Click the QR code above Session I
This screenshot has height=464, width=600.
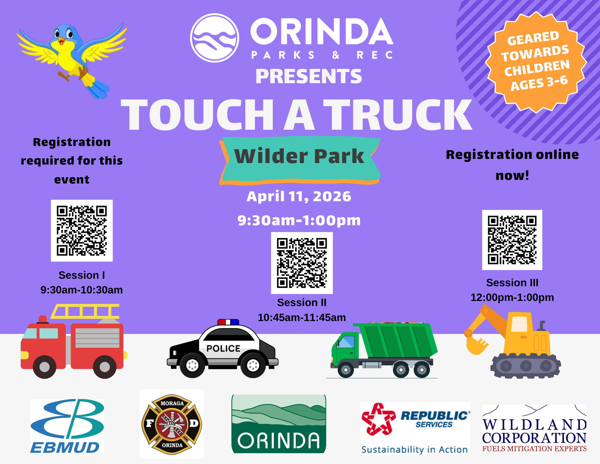pyautogui.click(x=82, y=231)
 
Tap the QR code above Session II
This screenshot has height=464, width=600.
pyautogui.click(x=302, y=263)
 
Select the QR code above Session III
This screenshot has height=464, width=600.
pyautogui.click(x=512, y=240)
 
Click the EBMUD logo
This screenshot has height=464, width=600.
pyautogui.click(x=67, y=426)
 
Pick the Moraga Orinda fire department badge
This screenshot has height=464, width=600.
pyautogui.click(x=172, y=424)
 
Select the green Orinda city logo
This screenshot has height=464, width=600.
pyautogui.click(x=279, y=424)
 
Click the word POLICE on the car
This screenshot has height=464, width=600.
pyautogui.click(x=223, y=348)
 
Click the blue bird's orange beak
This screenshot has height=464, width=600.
pyautogui.click(x=61, y=40)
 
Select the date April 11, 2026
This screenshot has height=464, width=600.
pyautogui.click(x=299, y=196)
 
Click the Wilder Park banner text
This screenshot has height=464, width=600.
pyautogui.click(x=299, y=156)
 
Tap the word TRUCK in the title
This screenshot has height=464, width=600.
pyautogui.click(x=397, y=115)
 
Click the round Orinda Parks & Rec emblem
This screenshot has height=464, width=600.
pyautogui.click(x=214, y=38)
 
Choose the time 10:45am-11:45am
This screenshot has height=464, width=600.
pyautogui.click(x=302, y=317)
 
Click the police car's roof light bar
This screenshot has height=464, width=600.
pyautogui.click(x=228, y=322)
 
